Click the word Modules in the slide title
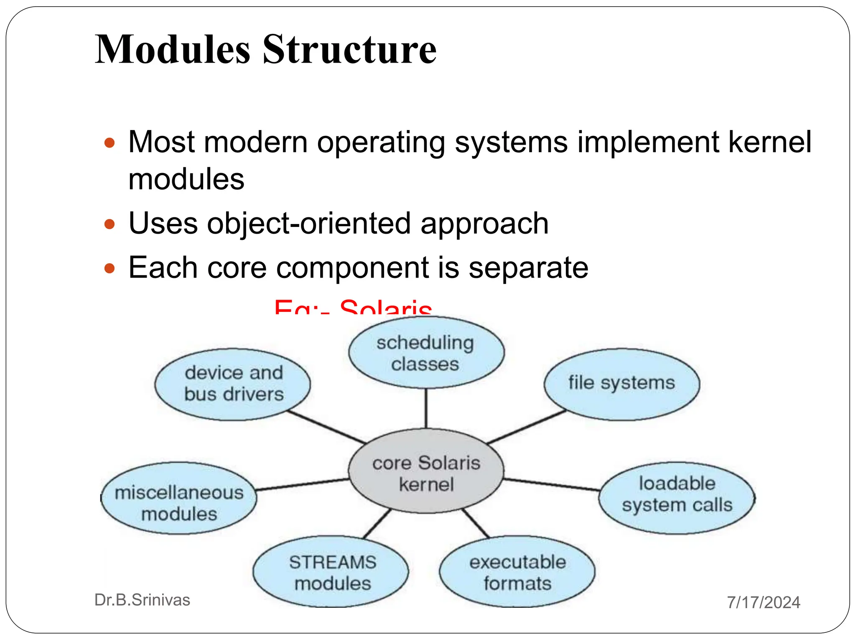[x=172, y=49]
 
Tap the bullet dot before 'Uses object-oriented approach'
[x=110, y=224]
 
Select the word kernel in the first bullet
[x=769, y=142]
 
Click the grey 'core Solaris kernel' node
[x=426, y=471]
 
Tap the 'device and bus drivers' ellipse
[x=233, y=384]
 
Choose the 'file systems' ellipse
[x=622, y=384]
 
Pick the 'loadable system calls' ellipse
[x=677, y=497]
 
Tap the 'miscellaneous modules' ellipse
[x=179, y=498]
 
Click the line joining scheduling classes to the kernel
[x=426, y=408]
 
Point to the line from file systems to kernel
[x=527, y=427]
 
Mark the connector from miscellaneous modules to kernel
[x=302, y=485]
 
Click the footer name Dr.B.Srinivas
[x=142, y=600]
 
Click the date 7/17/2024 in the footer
[x=763, y=602]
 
